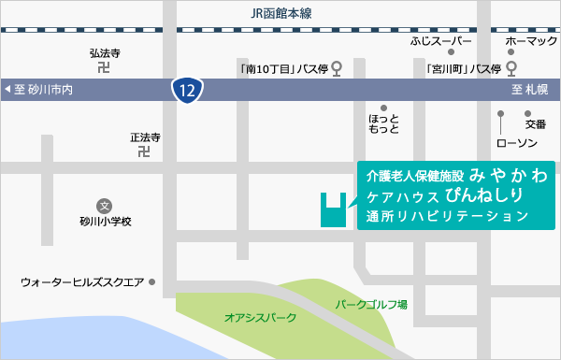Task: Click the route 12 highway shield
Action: coord(187,90)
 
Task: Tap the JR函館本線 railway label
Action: coord(280,13)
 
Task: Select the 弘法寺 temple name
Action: coord(105,54)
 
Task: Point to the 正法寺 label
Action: coord(145,137)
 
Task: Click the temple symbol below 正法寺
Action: coord(145,151)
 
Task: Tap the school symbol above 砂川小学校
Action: coord(105,206)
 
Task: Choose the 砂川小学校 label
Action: coord(105,223)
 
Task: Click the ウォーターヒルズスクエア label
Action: coord(82,281)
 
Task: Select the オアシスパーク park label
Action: coord(260,318)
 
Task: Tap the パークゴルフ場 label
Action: coord(371,305)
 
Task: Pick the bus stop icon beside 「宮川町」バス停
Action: coord(511,68)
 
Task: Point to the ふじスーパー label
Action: coord(441,42)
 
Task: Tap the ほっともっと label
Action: coord(384,124)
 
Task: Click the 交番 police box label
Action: coord(535,123)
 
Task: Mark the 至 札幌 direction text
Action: coord(530,90)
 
